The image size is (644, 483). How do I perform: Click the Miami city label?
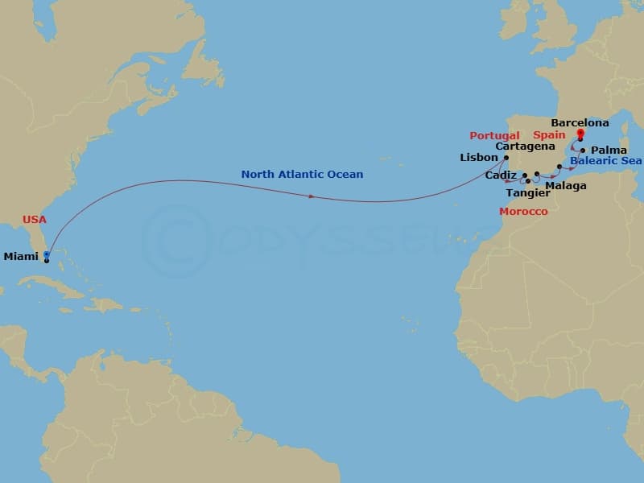(x=20, y=257)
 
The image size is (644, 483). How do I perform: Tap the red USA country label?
(x=35, y=219)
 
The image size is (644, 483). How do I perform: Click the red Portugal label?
(x=494, y=135)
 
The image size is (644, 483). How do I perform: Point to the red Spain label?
(x=549, y=135)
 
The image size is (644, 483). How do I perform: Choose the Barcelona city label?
(x=580, y=123)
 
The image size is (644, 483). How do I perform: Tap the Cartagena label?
(x=526, y=147)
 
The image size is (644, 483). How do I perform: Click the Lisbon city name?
(x=479, y=158)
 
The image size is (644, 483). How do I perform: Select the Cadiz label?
(x=502, y=175)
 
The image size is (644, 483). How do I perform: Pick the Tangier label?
(x=522, y=193)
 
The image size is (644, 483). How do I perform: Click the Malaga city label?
(x=566, y=186)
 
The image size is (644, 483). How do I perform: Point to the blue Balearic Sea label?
(x=605, y=161)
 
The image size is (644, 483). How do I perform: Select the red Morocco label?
(x=523, y=212)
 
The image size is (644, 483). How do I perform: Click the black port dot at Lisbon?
(x=506, y=158)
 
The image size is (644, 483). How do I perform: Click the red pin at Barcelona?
(x=580, y=134)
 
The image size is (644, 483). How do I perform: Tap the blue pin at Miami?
(x=47, y=254)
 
